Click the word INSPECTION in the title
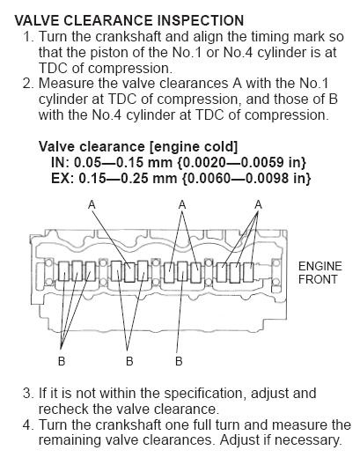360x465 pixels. (x=201, y=20)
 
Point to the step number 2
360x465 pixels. (x=27, y=84)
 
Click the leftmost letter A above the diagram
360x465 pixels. (x=92, y=204)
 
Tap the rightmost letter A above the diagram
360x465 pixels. (x=259, y=204)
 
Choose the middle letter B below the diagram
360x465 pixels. (x=129, y=361)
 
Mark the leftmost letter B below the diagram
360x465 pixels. (x=62, y=361)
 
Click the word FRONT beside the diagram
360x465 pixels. (x=318, y=279)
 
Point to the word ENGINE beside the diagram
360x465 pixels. (x=320, y=266)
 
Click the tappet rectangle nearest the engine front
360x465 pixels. (x=248, y=272)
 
